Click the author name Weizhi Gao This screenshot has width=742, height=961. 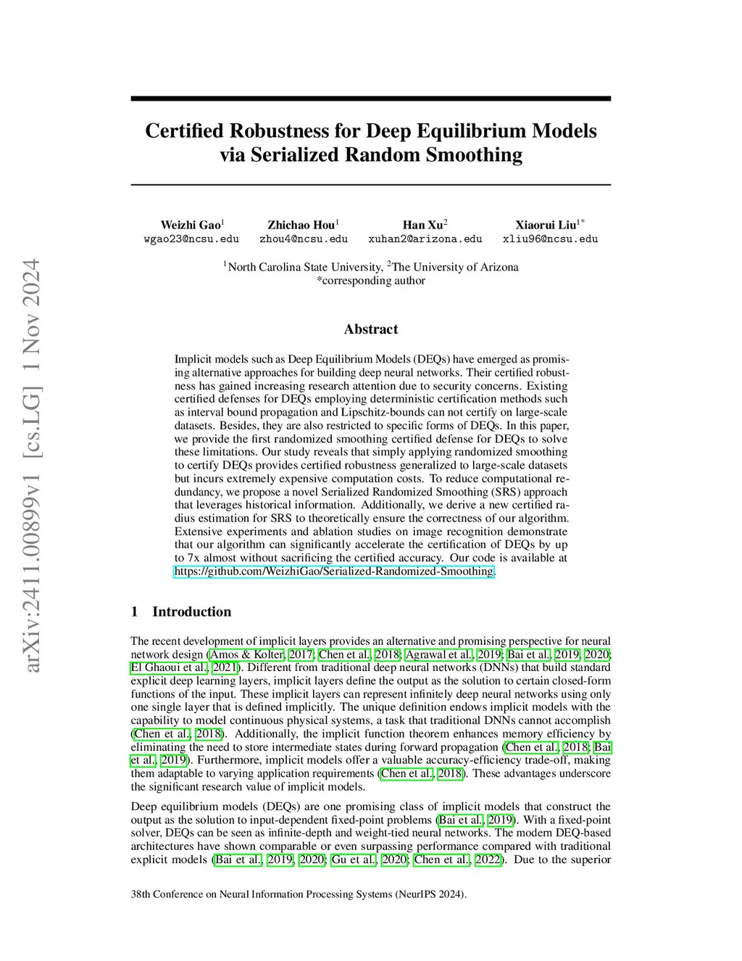pyautogui.click(x=191, y=225)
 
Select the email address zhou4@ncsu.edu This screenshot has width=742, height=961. pyautogui.click(x=304, y=239)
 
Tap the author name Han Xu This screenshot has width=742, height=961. pyautogui.click(x=423, y=225)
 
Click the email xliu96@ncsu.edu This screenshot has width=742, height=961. pyautogui.click(x=550, y=239)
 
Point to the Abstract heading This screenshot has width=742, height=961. pyautogui.click(x=371, y=329)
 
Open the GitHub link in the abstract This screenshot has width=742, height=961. pyautogui.click(x=334, y=572)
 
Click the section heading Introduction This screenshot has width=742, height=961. pyautogui.click(x=191, y=611)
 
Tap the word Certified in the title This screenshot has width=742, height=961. pyautogui.click(x=185, y=131)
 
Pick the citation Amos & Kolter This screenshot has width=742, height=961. pyautogui.click(x=246, y=654)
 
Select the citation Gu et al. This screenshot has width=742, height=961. pyautogui.click(x=354, y=859)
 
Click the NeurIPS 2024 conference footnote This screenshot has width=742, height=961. pyautogui.click(x=299, y=894)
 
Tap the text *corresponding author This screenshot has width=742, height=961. pyautogui.click(x=371, y=281)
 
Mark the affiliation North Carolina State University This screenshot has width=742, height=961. pyautogui.click(x=304, y=267)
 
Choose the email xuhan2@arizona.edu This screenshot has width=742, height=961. pyautogui.click(x=425, y=239)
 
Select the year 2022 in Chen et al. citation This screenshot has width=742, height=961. pyautogui.click(x=488, y=859)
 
